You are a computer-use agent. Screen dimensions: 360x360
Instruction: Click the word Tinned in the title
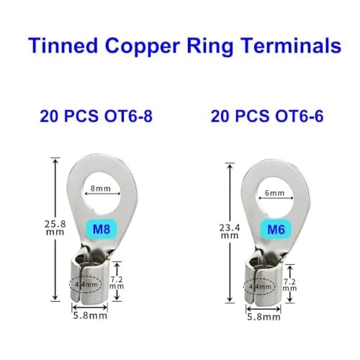[63, 45]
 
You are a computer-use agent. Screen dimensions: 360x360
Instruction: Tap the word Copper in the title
[143, 48]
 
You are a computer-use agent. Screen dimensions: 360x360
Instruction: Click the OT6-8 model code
[128, 116]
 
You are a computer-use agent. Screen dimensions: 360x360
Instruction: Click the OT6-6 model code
[300, 116]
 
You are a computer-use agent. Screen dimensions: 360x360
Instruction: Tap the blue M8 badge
[102, 229]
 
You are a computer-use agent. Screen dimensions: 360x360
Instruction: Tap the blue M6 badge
[276, 230]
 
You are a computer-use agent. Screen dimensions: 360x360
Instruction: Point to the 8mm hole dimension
[101, 189]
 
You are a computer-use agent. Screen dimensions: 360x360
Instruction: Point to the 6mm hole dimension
[275, 193]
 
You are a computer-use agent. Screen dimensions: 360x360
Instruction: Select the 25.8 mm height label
[55, 228]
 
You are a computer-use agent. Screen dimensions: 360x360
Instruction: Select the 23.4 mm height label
[230, 231]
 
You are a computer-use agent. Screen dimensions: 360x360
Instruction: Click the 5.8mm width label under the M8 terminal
[90, 315]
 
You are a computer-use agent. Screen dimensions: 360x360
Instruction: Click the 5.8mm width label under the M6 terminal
[264, 317]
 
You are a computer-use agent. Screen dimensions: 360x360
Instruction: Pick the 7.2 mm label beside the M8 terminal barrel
[117, 283]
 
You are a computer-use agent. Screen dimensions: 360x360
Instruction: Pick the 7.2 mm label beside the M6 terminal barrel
[289, 285]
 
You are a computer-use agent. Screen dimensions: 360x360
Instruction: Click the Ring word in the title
[210, 47]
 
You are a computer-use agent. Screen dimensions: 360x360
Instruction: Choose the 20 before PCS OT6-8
[49, 116]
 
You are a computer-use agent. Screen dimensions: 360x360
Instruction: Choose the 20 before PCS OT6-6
[220, 116]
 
